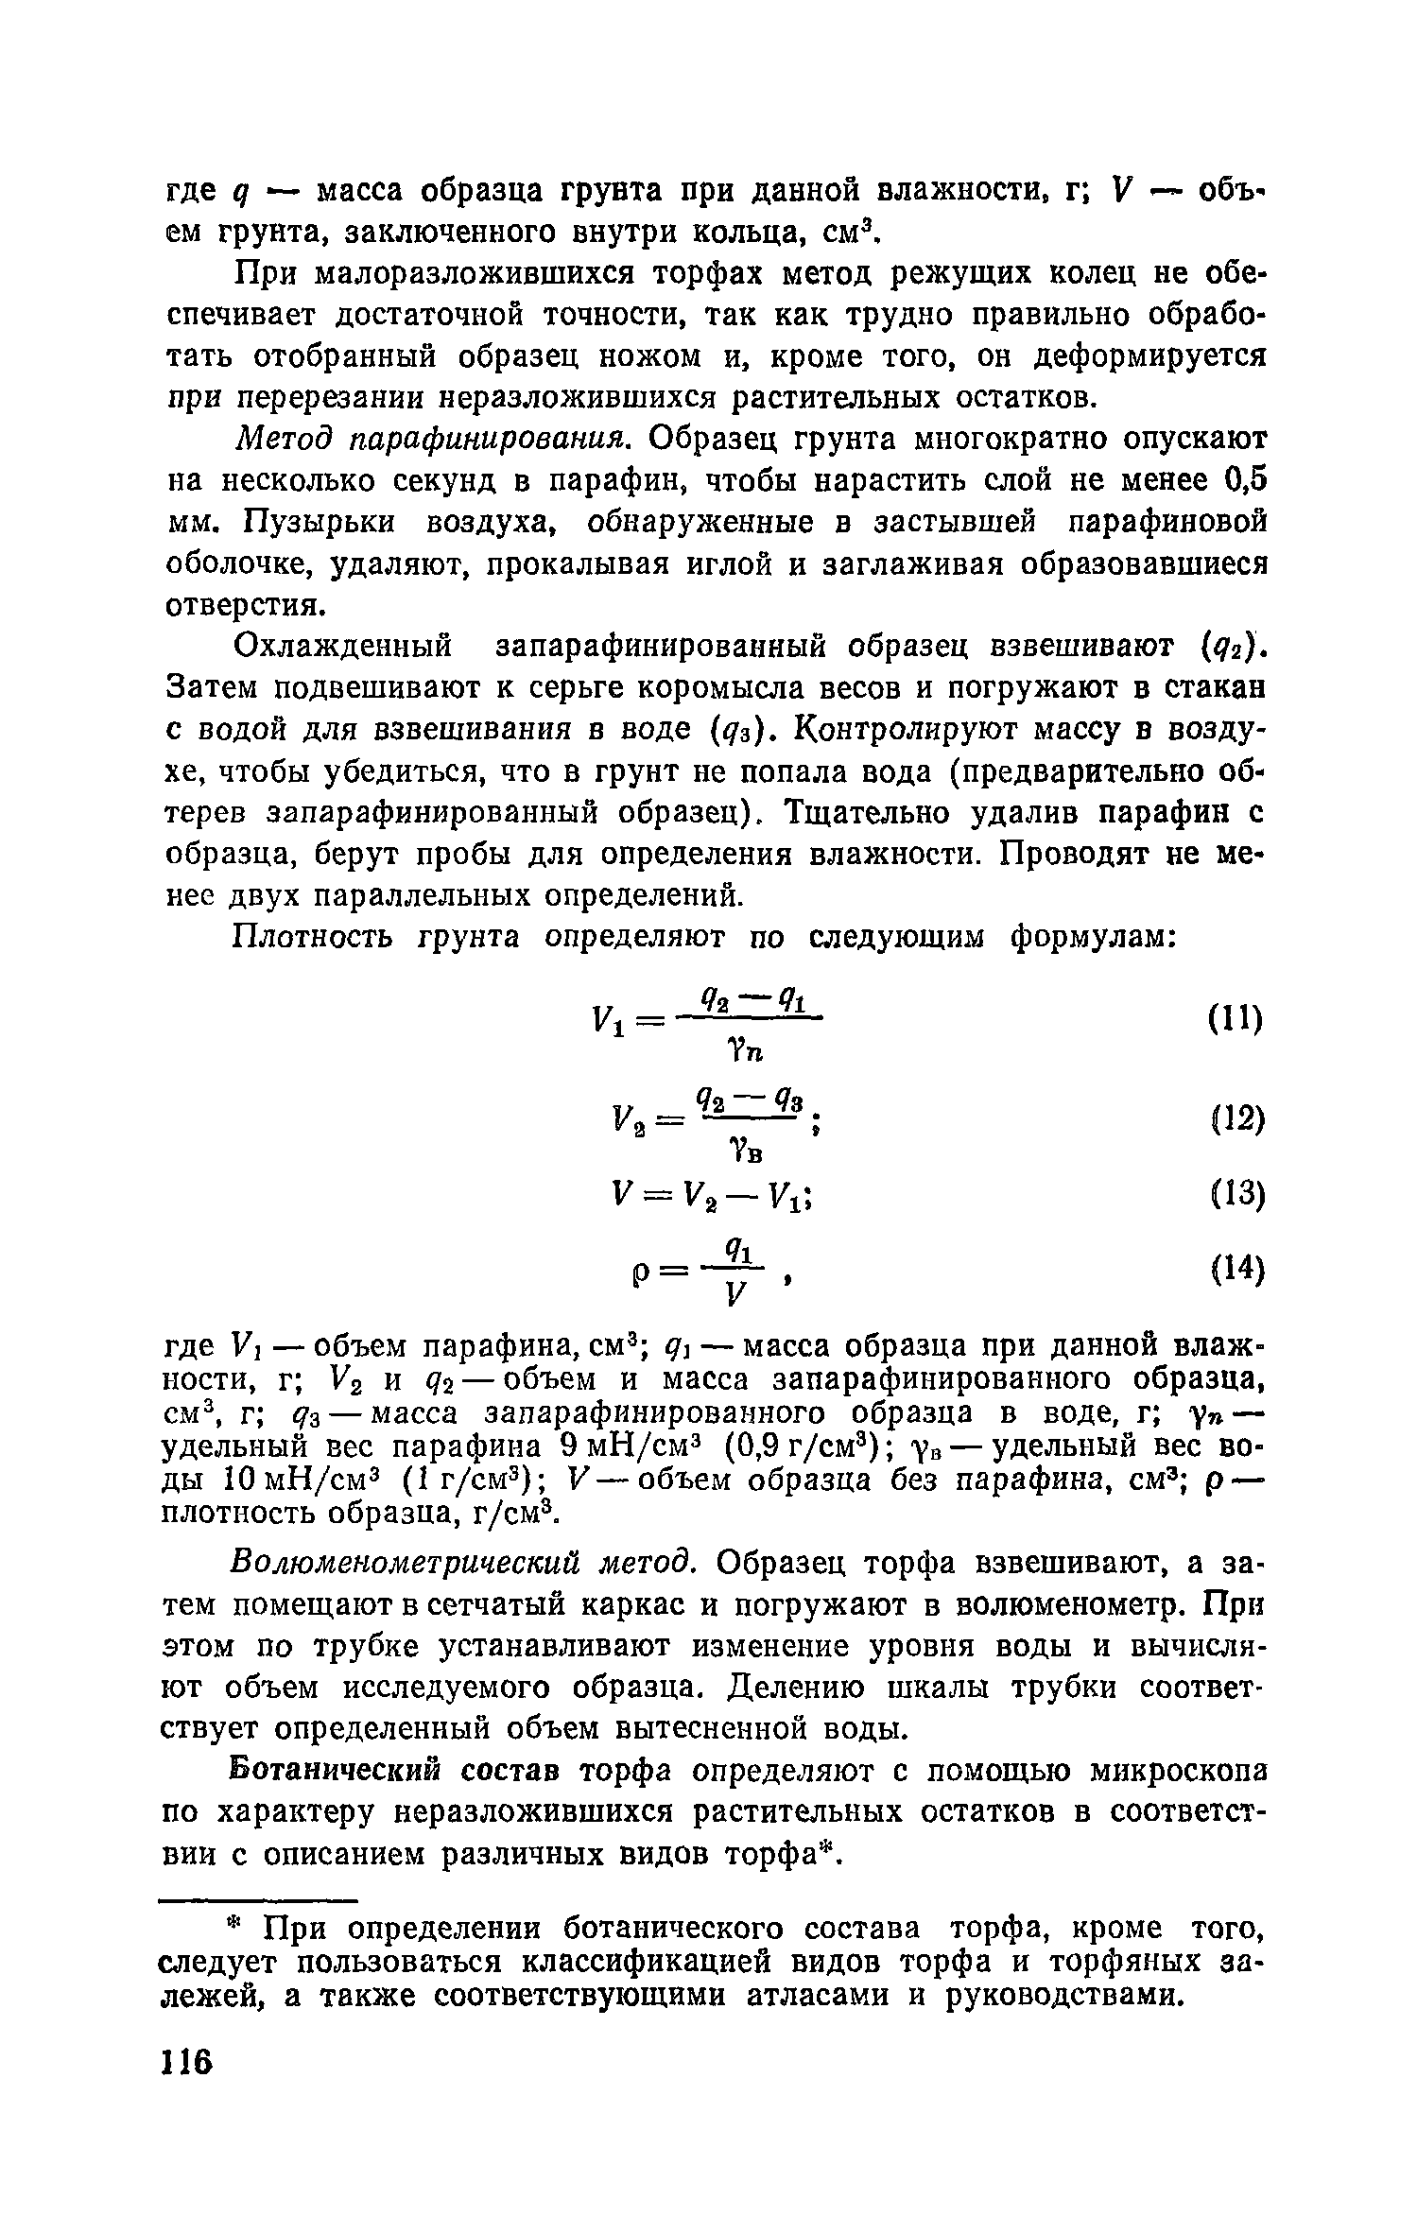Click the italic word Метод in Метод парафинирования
tap(283, 440)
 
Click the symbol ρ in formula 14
tap(634, 1277)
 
